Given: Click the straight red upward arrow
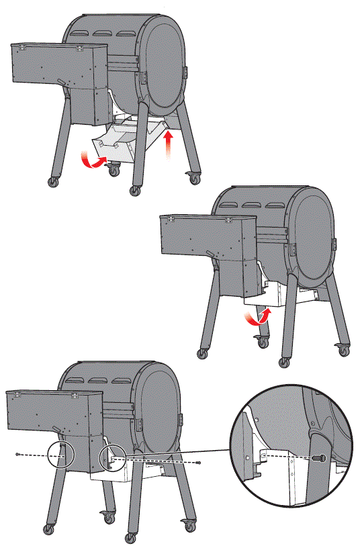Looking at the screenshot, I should [x=168, y=143].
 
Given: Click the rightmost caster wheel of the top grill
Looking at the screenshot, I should [x=195, y=179].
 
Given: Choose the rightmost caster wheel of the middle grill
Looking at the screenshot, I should [x=343, y=349].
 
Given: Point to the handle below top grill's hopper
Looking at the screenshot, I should [x=62, y=83].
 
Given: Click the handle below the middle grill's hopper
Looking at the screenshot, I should [x=211, y=255].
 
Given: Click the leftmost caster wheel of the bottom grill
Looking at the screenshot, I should [x=48, y=529].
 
